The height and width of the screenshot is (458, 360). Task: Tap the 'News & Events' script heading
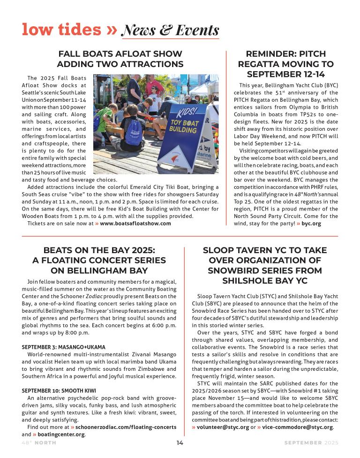coord(170,30)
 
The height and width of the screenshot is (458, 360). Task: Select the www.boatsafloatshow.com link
coord(135,223)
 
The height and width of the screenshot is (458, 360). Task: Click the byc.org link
coord(311,224)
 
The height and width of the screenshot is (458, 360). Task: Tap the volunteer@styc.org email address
coord(223,427)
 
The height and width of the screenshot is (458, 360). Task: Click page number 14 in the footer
coord(180,443)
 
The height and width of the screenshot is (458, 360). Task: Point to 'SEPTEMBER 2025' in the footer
coord(311,443)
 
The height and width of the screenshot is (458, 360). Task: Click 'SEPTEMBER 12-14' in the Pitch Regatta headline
coord(285,74)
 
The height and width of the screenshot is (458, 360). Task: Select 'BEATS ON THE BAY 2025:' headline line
coord(99,250)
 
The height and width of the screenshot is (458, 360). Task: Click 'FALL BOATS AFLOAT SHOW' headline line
coord(120,53)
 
